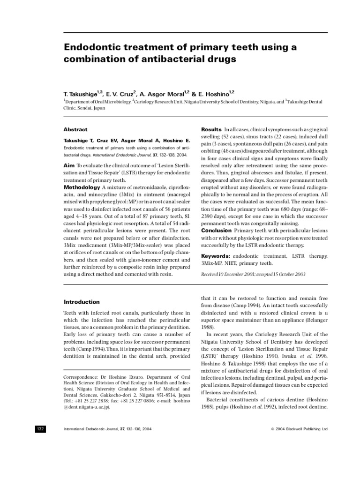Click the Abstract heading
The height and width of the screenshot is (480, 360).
tap(75, 129)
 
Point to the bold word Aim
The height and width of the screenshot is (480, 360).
tap(69, 165)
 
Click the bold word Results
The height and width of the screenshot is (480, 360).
tap(211, 129)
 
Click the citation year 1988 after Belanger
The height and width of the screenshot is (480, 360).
tap(207, 327)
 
